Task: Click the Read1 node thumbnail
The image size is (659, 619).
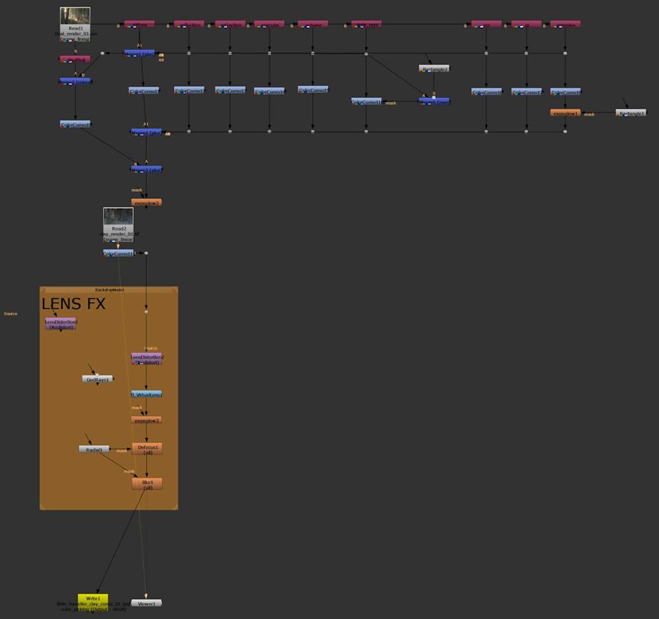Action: (x=75, y=16)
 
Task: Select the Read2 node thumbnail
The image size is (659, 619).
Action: (x=119, y=217)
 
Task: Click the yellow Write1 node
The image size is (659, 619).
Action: (x=93, y=599)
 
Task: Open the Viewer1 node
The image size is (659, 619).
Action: (x=146, y=603)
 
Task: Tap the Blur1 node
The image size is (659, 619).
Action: (x=147, y=484)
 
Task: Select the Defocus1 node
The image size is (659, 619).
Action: (x=147, y=449)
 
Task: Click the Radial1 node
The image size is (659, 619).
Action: (x=94, y=450)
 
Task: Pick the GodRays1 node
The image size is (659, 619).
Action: (x=98, y=379)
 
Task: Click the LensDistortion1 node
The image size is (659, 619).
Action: (x=61, y=323)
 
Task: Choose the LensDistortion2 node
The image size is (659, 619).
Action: (x=147, y=359)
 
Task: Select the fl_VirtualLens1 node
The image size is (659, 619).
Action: (x=146, y=394)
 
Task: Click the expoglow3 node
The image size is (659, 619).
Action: (x=146, y=420)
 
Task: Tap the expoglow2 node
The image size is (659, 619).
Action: (x=146, y=203)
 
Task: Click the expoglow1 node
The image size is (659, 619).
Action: (x=565, y=113)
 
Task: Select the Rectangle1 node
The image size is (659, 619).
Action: (x=631, y=113)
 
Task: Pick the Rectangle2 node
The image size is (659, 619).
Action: (x=434, y=68)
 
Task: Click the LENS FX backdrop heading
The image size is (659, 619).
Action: (x=73, y=304)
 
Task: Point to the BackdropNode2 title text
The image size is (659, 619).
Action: (x=109, y=290)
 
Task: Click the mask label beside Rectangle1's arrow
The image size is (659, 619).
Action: (x=589, y=115)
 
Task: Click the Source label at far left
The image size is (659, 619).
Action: (x=11, y=313)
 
